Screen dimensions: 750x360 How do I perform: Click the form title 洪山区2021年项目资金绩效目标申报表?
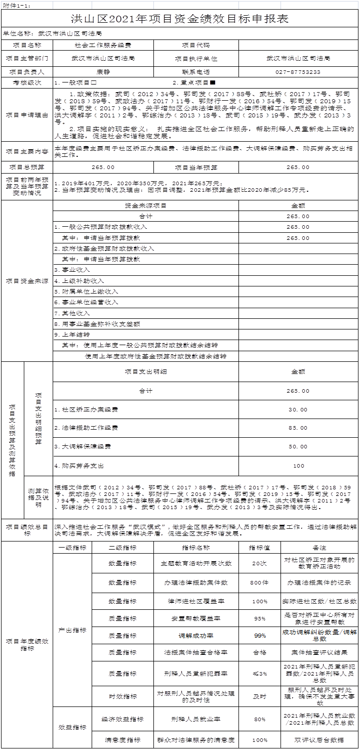point(180,19)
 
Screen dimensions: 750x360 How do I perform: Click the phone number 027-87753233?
point(298,72)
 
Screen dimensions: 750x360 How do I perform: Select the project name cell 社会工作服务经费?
point(103,45)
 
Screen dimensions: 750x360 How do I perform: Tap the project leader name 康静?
point(103,72)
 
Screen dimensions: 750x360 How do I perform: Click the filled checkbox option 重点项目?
point(195,82)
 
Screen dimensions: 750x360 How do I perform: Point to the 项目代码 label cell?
point(196,45)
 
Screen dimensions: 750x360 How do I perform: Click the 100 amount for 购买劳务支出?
point(298,466)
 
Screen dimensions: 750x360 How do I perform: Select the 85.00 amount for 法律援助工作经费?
point(298,428)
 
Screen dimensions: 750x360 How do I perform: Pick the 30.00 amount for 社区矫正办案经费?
point(298,409)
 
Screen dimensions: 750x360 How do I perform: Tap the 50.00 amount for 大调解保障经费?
point(298,446)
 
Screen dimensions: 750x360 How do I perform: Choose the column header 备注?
point(319,548)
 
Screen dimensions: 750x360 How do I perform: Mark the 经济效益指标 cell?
point(123,719)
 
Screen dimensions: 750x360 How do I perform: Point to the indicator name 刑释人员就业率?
point(196,719)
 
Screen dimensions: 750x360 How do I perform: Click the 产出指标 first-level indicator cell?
point(72,630)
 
